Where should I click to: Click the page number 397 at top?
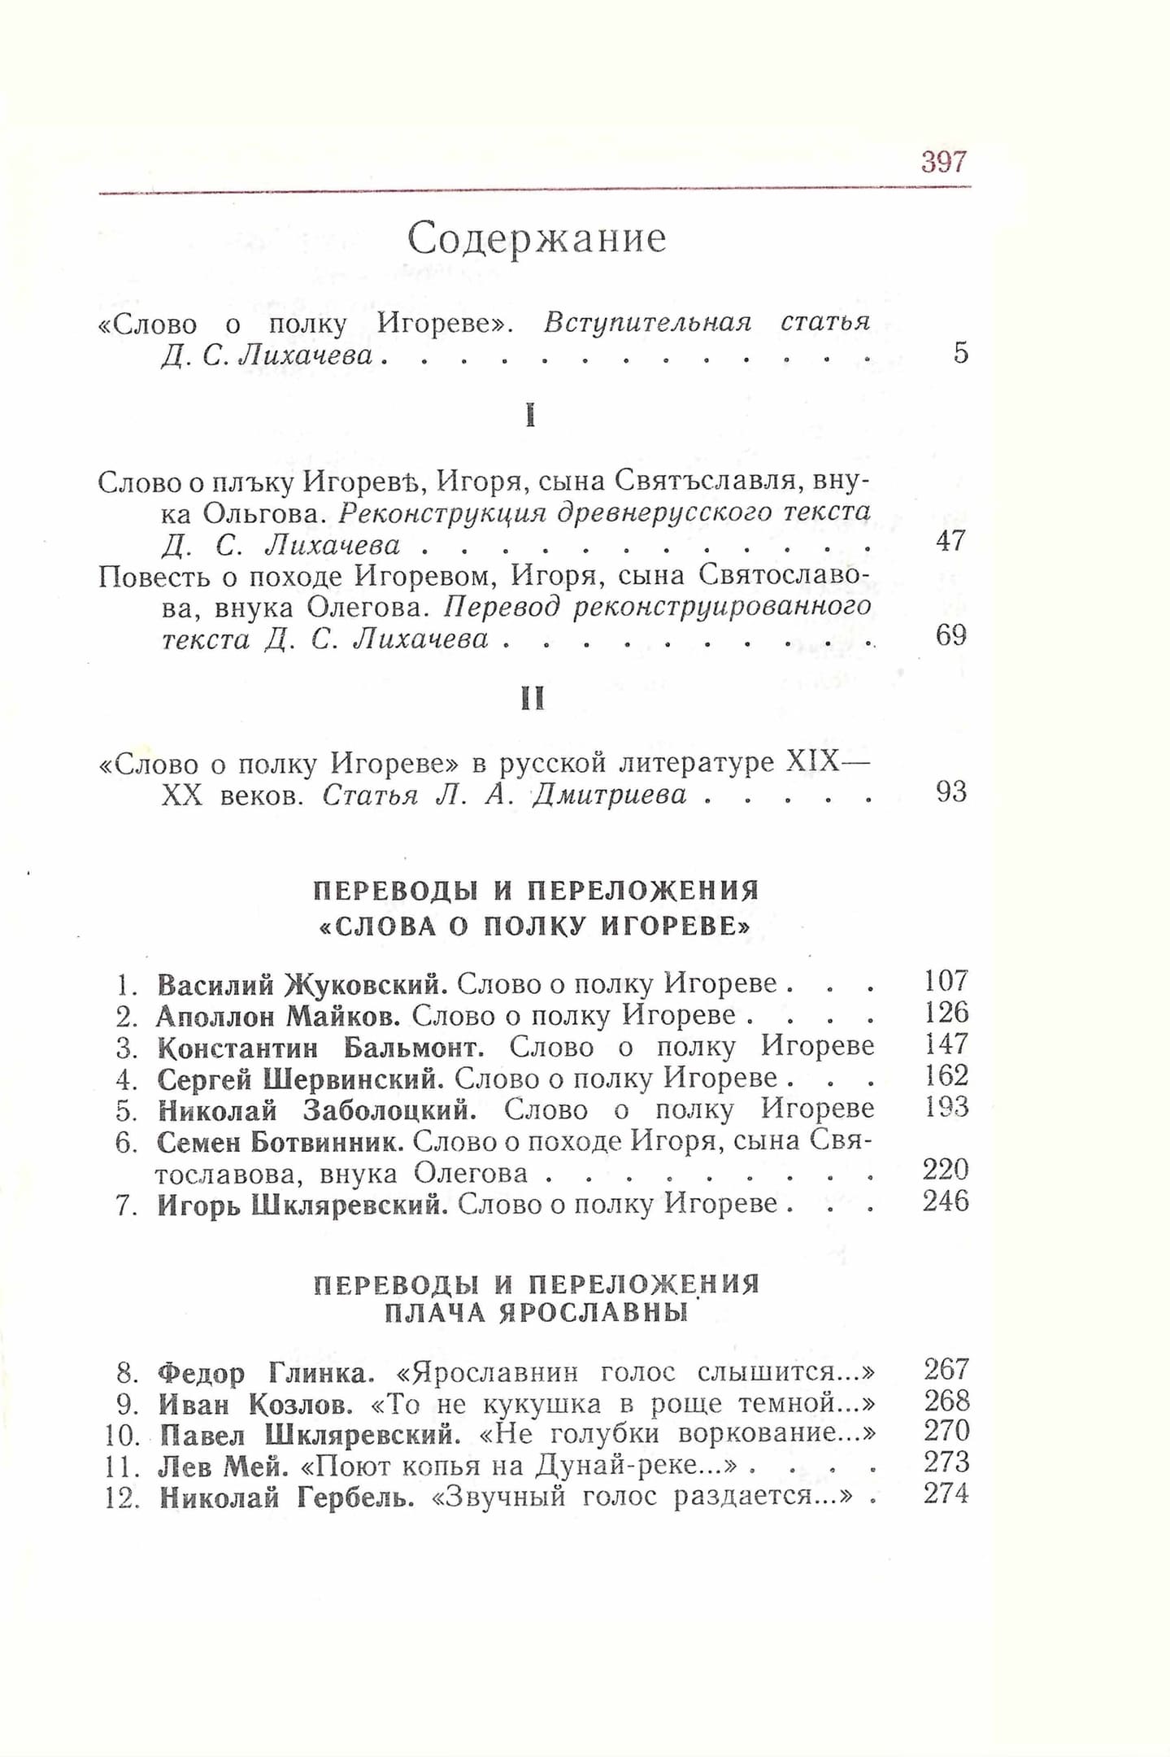click(944, 162)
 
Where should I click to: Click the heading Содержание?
click(537, 238)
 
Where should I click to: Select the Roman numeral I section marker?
click(530, 416)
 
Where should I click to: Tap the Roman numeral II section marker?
click(532, 699)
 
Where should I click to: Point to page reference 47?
click(950, 541)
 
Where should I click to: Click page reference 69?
click(950, 635)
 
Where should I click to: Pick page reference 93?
click(950, 791)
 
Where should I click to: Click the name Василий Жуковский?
click(302, 985)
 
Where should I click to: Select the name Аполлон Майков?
click(278, 1016)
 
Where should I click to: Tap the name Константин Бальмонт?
click(321, 1047)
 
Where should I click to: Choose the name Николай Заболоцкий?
click(316, 1110)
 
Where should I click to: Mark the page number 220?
click(946, 1171)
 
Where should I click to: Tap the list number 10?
click(124, 1437)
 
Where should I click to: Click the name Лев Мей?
click(224, 1467)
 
